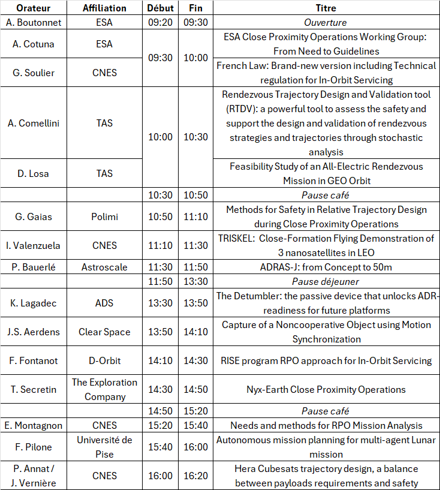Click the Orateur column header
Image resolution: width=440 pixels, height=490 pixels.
click(x=33, y=8)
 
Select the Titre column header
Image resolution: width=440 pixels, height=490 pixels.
click(x=326, y=8)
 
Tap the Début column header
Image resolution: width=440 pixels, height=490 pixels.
click(x=160, y=8)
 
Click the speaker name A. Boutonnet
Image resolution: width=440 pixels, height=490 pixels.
click(x=33, y=23)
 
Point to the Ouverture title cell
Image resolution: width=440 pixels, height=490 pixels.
click(x=326, y=23)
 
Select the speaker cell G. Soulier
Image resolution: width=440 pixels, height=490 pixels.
click(x=33, y=73)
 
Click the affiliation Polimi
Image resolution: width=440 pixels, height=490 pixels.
click(x=104, y=217)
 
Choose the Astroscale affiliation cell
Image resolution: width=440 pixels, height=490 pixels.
click(x=104, y=267)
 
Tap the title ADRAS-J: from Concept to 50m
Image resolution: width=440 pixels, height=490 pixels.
click(x=326, y=267)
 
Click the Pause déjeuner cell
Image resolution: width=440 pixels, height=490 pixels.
click(x=326, y=282)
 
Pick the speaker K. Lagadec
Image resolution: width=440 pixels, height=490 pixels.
click(x=33, y=303)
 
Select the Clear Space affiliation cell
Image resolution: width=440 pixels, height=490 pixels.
click(x=104, y=332)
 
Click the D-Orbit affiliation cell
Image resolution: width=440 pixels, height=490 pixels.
click(x=104, y=360)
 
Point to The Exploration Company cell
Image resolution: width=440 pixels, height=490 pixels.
click(x=104, y=389)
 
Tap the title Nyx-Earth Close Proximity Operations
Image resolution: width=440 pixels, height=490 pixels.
click(x=326, y=389)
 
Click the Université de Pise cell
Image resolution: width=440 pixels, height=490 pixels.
click(x=104, y=447)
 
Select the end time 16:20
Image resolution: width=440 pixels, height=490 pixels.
click(x=195, y=476)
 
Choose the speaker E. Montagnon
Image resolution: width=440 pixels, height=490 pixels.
click(x=33, y=425)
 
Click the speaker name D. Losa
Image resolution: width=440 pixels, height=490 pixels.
click(x=33, y=173)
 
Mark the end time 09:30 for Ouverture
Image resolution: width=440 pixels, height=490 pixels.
click(x=195, y=23)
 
